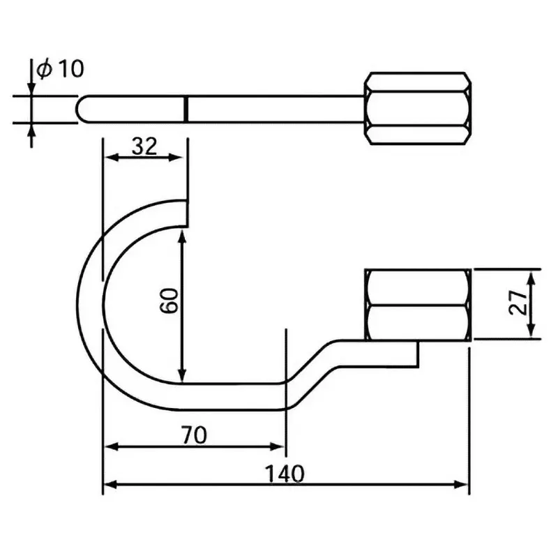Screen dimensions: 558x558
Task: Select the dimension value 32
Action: (144, 146)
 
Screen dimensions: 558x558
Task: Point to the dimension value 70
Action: (195, 436)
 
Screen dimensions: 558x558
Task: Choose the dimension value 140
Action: (285, 474)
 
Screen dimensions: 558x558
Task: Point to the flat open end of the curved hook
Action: (186, 213)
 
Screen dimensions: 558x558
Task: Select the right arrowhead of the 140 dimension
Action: (463, 483)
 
